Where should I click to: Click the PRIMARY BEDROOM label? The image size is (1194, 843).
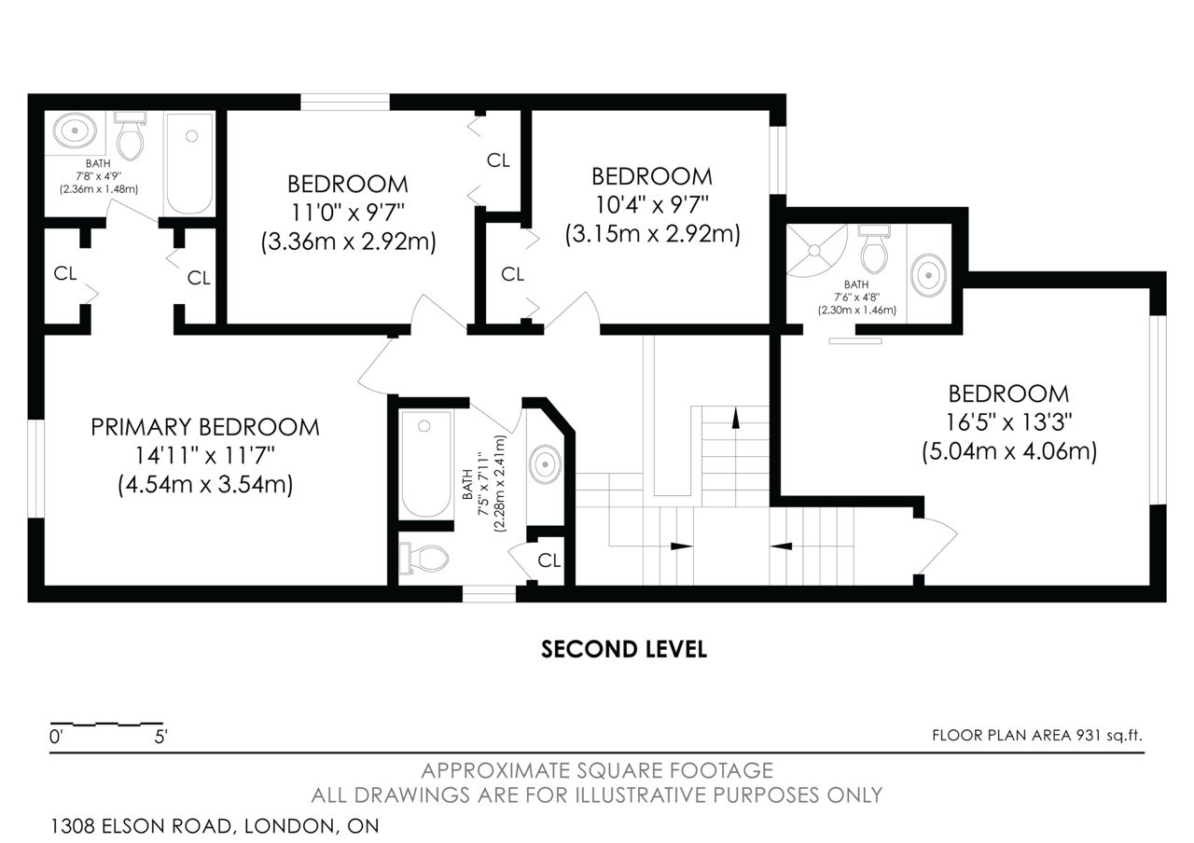coord(205,427)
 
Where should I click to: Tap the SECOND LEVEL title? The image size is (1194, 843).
coord(624,650)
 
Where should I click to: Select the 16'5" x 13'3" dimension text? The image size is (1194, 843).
coord(1008,422)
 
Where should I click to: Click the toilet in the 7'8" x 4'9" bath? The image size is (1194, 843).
coord(130,136)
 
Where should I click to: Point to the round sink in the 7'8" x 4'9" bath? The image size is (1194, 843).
coord(76,130)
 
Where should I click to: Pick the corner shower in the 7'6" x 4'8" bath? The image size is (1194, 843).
coord(816,251)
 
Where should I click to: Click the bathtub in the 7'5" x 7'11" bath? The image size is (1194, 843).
coord(426,463)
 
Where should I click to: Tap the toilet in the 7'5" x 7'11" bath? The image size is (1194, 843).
coord(423,558)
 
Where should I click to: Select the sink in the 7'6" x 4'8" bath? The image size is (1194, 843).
coord(929,275)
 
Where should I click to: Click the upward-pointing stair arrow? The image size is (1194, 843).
coord(736,418)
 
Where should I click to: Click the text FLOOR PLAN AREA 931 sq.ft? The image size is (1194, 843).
coord(1037,736)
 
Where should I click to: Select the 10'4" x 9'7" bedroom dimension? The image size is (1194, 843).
coord(652,204)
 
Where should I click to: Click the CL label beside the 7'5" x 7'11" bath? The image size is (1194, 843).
coord(549,560)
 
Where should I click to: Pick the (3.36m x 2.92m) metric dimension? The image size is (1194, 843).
coord(349,242)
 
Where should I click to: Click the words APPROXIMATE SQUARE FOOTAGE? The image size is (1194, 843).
coord(597,770)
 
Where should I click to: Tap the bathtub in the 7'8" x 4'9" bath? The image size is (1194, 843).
coord(189,163)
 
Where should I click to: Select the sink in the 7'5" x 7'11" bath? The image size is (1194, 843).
coord(545,464)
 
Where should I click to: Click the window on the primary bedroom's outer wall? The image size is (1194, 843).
coord(35,468)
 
